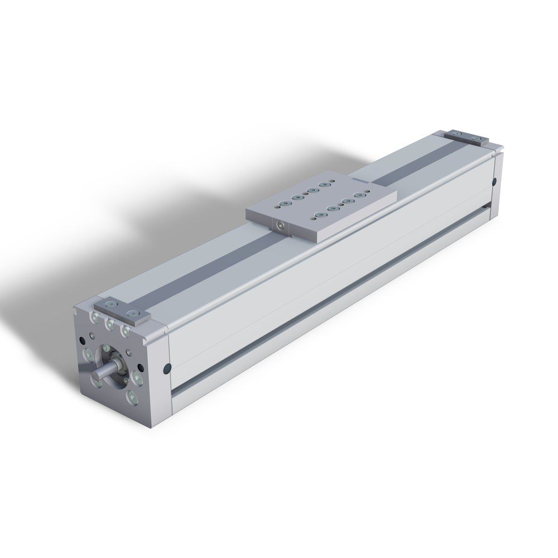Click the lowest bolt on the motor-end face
(132, 397)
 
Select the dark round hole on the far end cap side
(495, 181)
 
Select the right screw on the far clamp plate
(475, 138)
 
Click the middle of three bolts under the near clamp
(109, 324)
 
